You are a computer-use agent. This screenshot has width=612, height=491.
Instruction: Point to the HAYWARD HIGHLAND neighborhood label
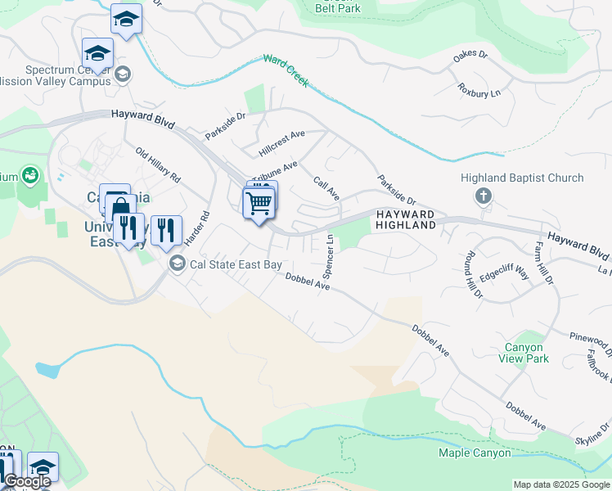coord(406,219)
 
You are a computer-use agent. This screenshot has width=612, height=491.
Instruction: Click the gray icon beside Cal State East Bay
coord(177,264)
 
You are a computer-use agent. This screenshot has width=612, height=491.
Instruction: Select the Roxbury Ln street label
coord(479,88)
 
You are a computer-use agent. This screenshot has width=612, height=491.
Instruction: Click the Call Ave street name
coord(326,188)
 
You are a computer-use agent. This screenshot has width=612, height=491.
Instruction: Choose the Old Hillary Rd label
coord(159,165)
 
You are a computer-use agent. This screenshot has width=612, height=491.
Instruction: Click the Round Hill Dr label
coord(475,271)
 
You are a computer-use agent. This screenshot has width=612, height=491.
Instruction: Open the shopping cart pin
coord(259,203)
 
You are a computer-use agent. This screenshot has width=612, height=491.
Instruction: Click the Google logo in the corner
coord(27,482)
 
